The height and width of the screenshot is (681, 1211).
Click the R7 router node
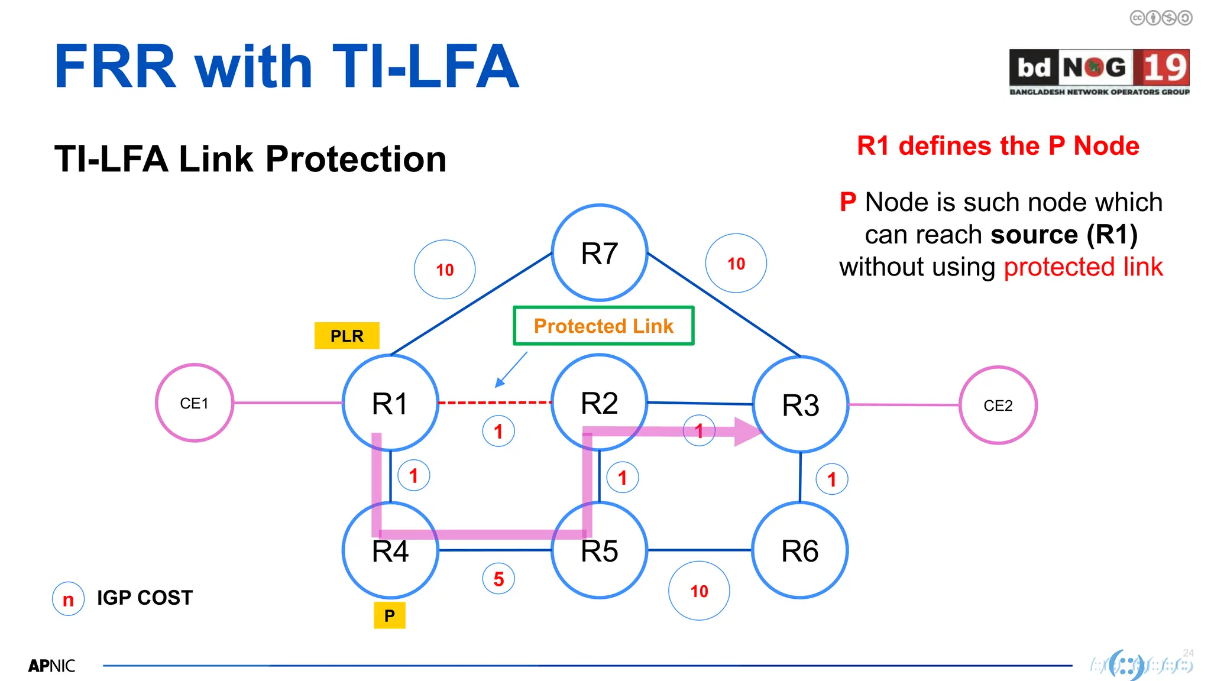click(600, 253)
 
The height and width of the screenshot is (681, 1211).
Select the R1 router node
click(390, 403)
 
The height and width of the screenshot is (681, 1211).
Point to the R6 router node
click(800, 550)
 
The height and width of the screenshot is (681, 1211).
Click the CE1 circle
click(195, 403)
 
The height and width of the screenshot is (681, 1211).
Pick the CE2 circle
click(998, 406)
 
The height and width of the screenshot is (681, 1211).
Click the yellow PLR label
click(347, 336)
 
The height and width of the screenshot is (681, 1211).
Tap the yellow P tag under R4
click(390, 615)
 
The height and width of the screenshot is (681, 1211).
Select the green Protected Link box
click(604, 326)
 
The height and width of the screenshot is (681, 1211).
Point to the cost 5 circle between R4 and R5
click(498, 579)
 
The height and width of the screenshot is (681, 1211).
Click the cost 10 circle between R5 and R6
click(699, 591)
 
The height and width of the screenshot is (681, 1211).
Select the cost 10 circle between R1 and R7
click(445, 270)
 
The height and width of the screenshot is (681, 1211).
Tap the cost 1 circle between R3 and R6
click(832, 479)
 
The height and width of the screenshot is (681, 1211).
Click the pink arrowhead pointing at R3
click(747, 432)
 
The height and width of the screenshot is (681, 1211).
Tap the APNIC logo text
click(52, 666)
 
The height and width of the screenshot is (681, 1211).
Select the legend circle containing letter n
click(69, 599)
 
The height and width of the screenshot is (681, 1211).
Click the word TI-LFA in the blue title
click(426, 67)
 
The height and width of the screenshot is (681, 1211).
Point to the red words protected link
click(1083, 267)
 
